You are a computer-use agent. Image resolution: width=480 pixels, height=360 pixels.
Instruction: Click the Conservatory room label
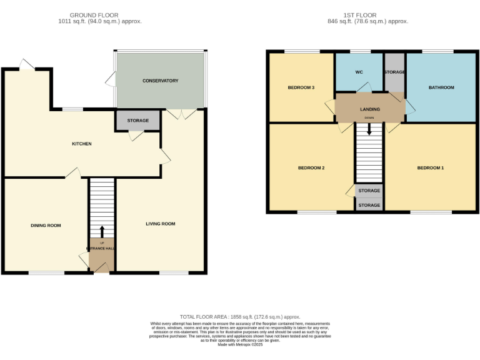pyautogui.click(x=160, y=81)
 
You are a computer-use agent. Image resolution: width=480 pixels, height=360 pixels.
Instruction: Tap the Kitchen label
pyautogui.click(x=81, y=144)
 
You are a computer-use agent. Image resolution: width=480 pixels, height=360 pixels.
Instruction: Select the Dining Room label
pyautogui.click(x=46, y=225)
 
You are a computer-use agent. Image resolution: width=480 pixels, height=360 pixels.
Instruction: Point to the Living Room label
pyautogui.click(x=160, y=224)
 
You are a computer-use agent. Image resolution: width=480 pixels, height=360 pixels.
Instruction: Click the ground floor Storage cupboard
pyautogui.click(x=137, y=121)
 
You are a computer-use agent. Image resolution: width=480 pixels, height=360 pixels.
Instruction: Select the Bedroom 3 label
pyautogui.click(x=301, y=87)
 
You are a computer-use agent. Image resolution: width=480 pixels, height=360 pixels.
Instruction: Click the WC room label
pyautogui.click(x=359, y=72)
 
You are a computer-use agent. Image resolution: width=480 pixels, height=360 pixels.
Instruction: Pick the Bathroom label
pyautogui.click(x=441, y=87)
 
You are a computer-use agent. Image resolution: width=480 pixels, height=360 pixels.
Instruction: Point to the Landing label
pyautogui.click(x=369, y=109)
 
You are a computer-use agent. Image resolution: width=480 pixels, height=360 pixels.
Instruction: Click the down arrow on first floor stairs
pyautogui.click(x=369, y=129)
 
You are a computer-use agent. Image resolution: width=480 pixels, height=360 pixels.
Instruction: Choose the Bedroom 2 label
pyautogui.click(x=311, y=168)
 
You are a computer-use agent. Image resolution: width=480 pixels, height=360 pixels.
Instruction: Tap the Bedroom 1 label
pyautogui.click(x=431, y=168)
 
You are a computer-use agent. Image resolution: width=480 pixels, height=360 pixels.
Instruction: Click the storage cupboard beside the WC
pyautogui.click(x=394, y=72)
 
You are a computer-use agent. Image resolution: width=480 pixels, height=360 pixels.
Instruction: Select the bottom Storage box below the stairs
pyautogui.click(x=369, y=205)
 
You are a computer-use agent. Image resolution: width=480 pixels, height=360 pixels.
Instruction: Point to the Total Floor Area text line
pyautogui.click(x=240, y=317)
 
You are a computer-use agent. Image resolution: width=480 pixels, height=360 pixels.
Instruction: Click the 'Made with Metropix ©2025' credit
pyautogui.click(x=240, y=344)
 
